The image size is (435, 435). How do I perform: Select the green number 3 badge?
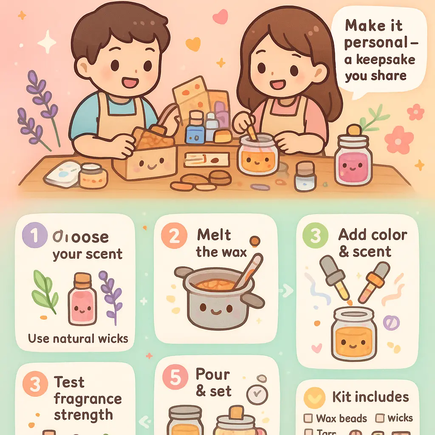316,236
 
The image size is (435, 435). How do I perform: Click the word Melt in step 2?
214,235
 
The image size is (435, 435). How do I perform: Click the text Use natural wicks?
78,339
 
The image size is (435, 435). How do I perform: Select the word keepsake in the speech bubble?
379,59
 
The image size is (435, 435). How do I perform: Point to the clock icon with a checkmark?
256,395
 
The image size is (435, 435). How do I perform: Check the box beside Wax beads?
308,418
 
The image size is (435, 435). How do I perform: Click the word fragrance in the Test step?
88,399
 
